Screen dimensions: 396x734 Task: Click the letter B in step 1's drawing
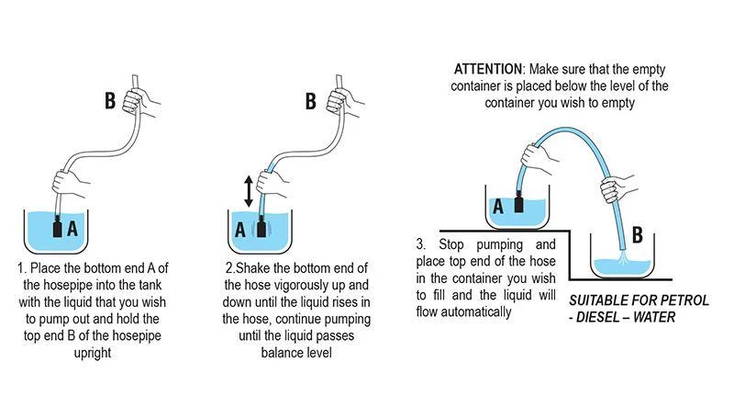[110, 100]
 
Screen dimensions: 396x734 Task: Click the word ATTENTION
[488, 69]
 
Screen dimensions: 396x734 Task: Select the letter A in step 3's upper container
[498, 208]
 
